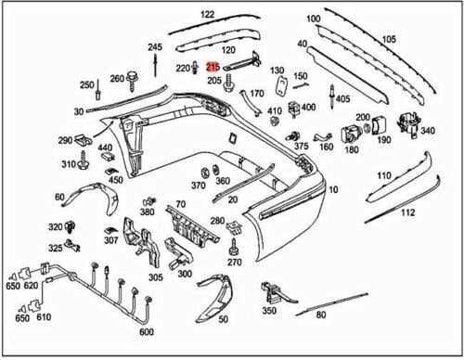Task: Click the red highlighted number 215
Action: [213, 68]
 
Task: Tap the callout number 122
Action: [206, 15]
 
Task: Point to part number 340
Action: [427, 131]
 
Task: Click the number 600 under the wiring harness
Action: [146, 332]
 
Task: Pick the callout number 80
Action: [321, 315]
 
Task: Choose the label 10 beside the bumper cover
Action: [334, 190]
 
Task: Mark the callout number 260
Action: [118, 79]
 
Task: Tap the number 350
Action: [269, 311]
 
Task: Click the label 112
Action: [407, 212]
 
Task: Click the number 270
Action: [234, 263]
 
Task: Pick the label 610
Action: [43, 317]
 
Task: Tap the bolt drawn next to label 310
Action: [83, 164]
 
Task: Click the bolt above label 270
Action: [234, 246]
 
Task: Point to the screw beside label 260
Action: [134, 78]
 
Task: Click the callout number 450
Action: [115, 179]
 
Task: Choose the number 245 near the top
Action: [154, 47]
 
